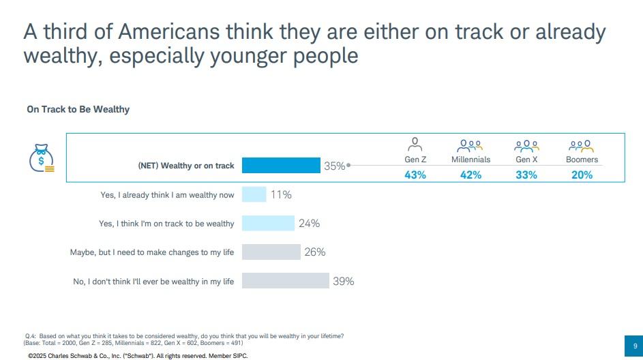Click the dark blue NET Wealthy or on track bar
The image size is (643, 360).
tap(281, 166)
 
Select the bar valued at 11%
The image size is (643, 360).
tap(254, 194)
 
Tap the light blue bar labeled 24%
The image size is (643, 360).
tap(268, 223)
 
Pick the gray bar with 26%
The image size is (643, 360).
tap(271, 252)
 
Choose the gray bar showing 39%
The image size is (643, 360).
tap(285, 281)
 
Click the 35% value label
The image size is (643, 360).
tap(334, 166)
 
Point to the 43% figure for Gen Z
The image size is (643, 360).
tap(415, 175)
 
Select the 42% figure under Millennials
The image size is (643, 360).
tap(470, 175)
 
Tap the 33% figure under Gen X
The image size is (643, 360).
tap(526, 175)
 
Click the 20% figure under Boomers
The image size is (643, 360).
tap(582, 175)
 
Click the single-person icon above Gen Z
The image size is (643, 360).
tap(415, 145)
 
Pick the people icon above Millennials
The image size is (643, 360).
tap(470, 145)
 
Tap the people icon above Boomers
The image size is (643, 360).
tap(582, 145)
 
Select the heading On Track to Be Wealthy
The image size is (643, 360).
tap(78, 109)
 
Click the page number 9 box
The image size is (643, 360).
tap(635, 345)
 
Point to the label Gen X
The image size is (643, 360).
tap(526, 160)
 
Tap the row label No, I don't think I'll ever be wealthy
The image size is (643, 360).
tap(153, 281)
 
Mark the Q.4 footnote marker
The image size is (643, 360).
tap(30, 336)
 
